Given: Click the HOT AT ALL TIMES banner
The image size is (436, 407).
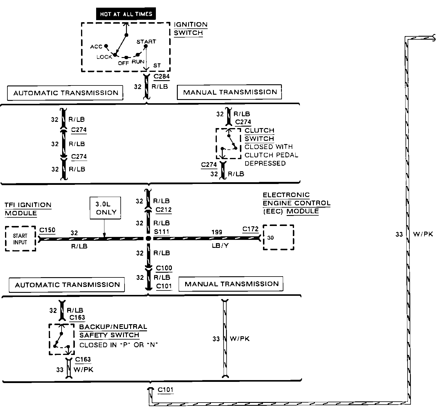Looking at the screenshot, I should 126,14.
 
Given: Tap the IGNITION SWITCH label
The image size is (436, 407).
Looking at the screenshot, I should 190,29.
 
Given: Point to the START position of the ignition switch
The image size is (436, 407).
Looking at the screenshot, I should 146,42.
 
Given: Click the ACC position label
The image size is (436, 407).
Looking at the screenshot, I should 96,47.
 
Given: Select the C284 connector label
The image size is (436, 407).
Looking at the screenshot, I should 162,76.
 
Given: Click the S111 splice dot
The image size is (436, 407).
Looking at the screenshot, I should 148,238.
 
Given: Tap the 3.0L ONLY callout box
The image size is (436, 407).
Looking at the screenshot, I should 106,208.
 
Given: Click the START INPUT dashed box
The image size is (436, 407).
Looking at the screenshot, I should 20,239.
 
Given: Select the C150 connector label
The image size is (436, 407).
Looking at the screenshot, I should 47,230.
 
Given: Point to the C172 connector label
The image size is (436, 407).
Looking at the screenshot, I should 251,229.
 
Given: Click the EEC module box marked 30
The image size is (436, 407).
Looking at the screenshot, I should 278,237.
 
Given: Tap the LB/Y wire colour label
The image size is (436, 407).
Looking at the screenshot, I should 220,246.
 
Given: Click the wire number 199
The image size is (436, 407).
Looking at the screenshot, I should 217,232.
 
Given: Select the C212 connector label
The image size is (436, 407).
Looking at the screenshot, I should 164,210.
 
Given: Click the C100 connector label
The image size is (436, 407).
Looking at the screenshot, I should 164,268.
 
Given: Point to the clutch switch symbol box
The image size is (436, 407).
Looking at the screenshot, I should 228,143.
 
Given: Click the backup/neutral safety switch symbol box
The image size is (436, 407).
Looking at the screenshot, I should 62,339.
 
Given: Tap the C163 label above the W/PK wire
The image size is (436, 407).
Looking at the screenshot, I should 83,359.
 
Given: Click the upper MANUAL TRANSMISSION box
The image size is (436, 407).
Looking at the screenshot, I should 230,92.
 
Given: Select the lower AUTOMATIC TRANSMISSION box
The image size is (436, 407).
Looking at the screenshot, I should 67,285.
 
